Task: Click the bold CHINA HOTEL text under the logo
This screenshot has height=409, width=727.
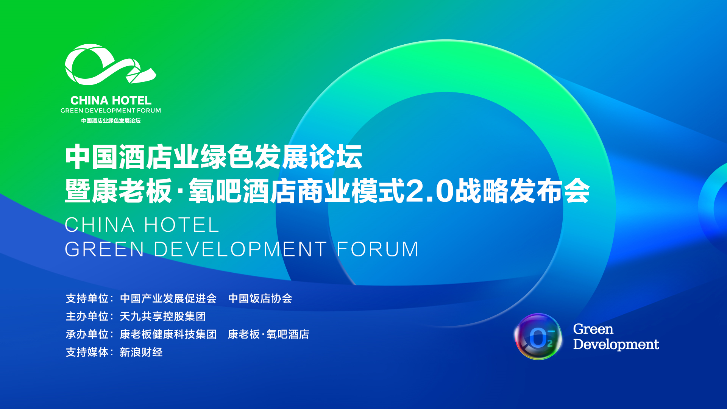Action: click(x=111, y=100)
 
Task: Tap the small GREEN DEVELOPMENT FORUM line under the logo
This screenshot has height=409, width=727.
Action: click(x=111, y=111)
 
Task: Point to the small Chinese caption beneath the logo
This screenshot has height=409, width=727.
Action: click(x=111, y=121)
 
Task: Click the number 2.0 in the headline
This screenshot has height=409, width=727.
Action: click(x=429, y=191)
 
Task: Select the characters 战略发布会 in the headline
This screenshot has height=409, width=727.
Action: click(x=523, y=191)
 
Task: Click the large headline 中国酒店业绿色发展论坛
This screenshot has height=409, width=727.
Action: click(x=214, y=157)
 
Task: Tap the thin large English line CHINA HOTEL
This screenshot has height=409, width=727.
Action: click(x=142, y=225)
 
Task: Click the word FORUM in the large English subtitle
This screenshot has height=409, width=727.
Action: click(x=378, y=249)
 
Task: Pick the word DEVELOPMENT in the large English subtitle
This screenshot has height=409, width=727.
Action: click(x=240, y=249)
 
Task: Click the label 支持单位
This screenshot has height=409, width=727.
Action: click(x=87, y=298)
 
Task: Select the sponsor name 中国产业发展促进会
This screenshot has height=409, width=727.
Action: click(x=168, y=298)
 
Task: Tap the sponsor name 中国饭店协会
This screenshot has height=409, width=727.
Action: click(x=260, y=298)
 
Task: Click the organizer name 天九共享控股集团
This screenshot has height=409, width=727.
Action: click(x=163, y=316)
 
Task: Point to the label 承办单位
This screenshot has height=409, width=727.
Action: click(x=87, y=334)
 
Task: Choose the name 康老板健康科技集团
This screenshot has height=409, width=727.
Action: click(x=168, y=334)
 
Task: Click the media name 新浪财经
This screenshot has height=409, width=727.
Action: click(x=141, y=352)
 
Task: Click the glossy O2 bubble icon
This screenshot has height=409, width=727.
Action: click(x=538, y=337)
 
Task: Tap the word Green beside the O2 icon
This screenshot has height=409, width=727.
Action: click(x=593, y=329)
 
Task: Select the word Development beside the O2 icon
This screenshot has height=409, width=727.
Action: click(x=616, y=344)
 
